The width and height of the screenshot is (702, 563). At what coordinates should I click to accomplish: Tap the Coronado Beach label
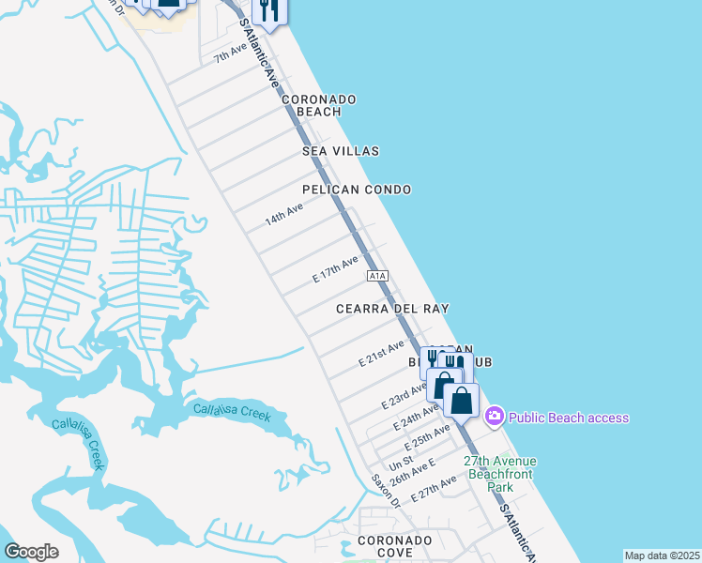319,105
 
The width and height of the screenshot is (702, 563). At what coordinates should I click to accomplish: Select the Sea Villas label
341,151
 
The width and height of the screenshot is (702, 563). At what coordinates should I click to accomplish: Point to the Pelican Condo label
357,190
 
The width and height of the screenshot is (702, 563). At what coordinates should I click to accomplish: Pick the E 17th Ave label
335,270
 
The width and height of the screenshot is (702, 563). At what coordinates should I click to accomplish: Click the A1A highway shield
377,276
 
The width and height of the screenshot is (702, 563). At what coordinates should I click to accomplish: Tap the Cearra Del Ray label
393,309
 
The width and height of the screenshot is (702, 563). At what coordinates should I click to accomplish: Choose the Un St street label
401,464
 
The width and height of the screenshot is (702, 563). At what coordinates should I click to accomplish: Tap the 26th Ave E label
413,472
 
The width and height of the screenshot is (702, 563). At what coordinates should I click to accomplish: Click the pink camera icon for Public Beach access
495,417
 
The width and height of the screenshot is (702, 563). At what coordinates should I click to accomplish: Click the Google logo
31,552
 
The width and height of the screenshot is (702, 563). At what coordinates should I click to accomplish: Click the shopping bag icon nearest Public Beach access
462,400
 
